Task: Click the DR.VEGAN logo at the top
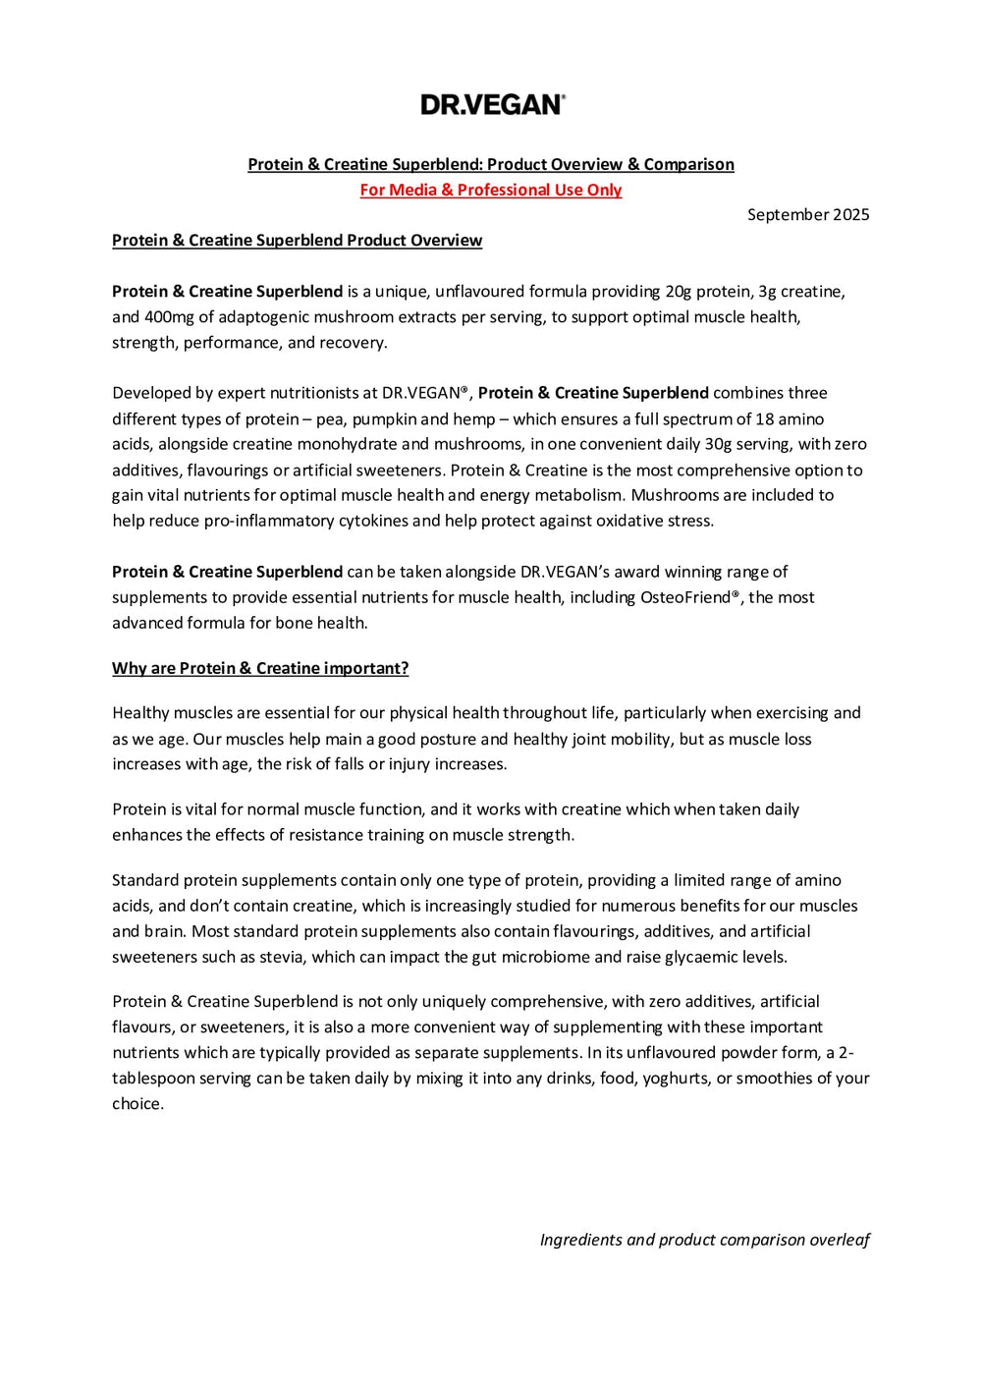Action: (x=492, y=104)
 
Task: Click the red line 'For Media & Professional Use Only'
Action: (x=490, y=190)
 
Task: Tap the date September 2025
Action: (x=807, y=214)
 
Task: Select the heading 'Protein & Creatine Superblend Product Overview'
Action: (x=297, y=240)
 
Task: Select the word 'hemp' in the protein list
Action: (x=473, y=418)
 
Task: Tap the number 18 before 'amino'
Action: (x=764, y=418)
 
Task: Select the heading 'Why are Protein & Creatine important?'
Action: (x=260, y=668)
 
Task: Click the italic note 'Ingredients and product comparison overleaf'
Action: (x=704, y=1240)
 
